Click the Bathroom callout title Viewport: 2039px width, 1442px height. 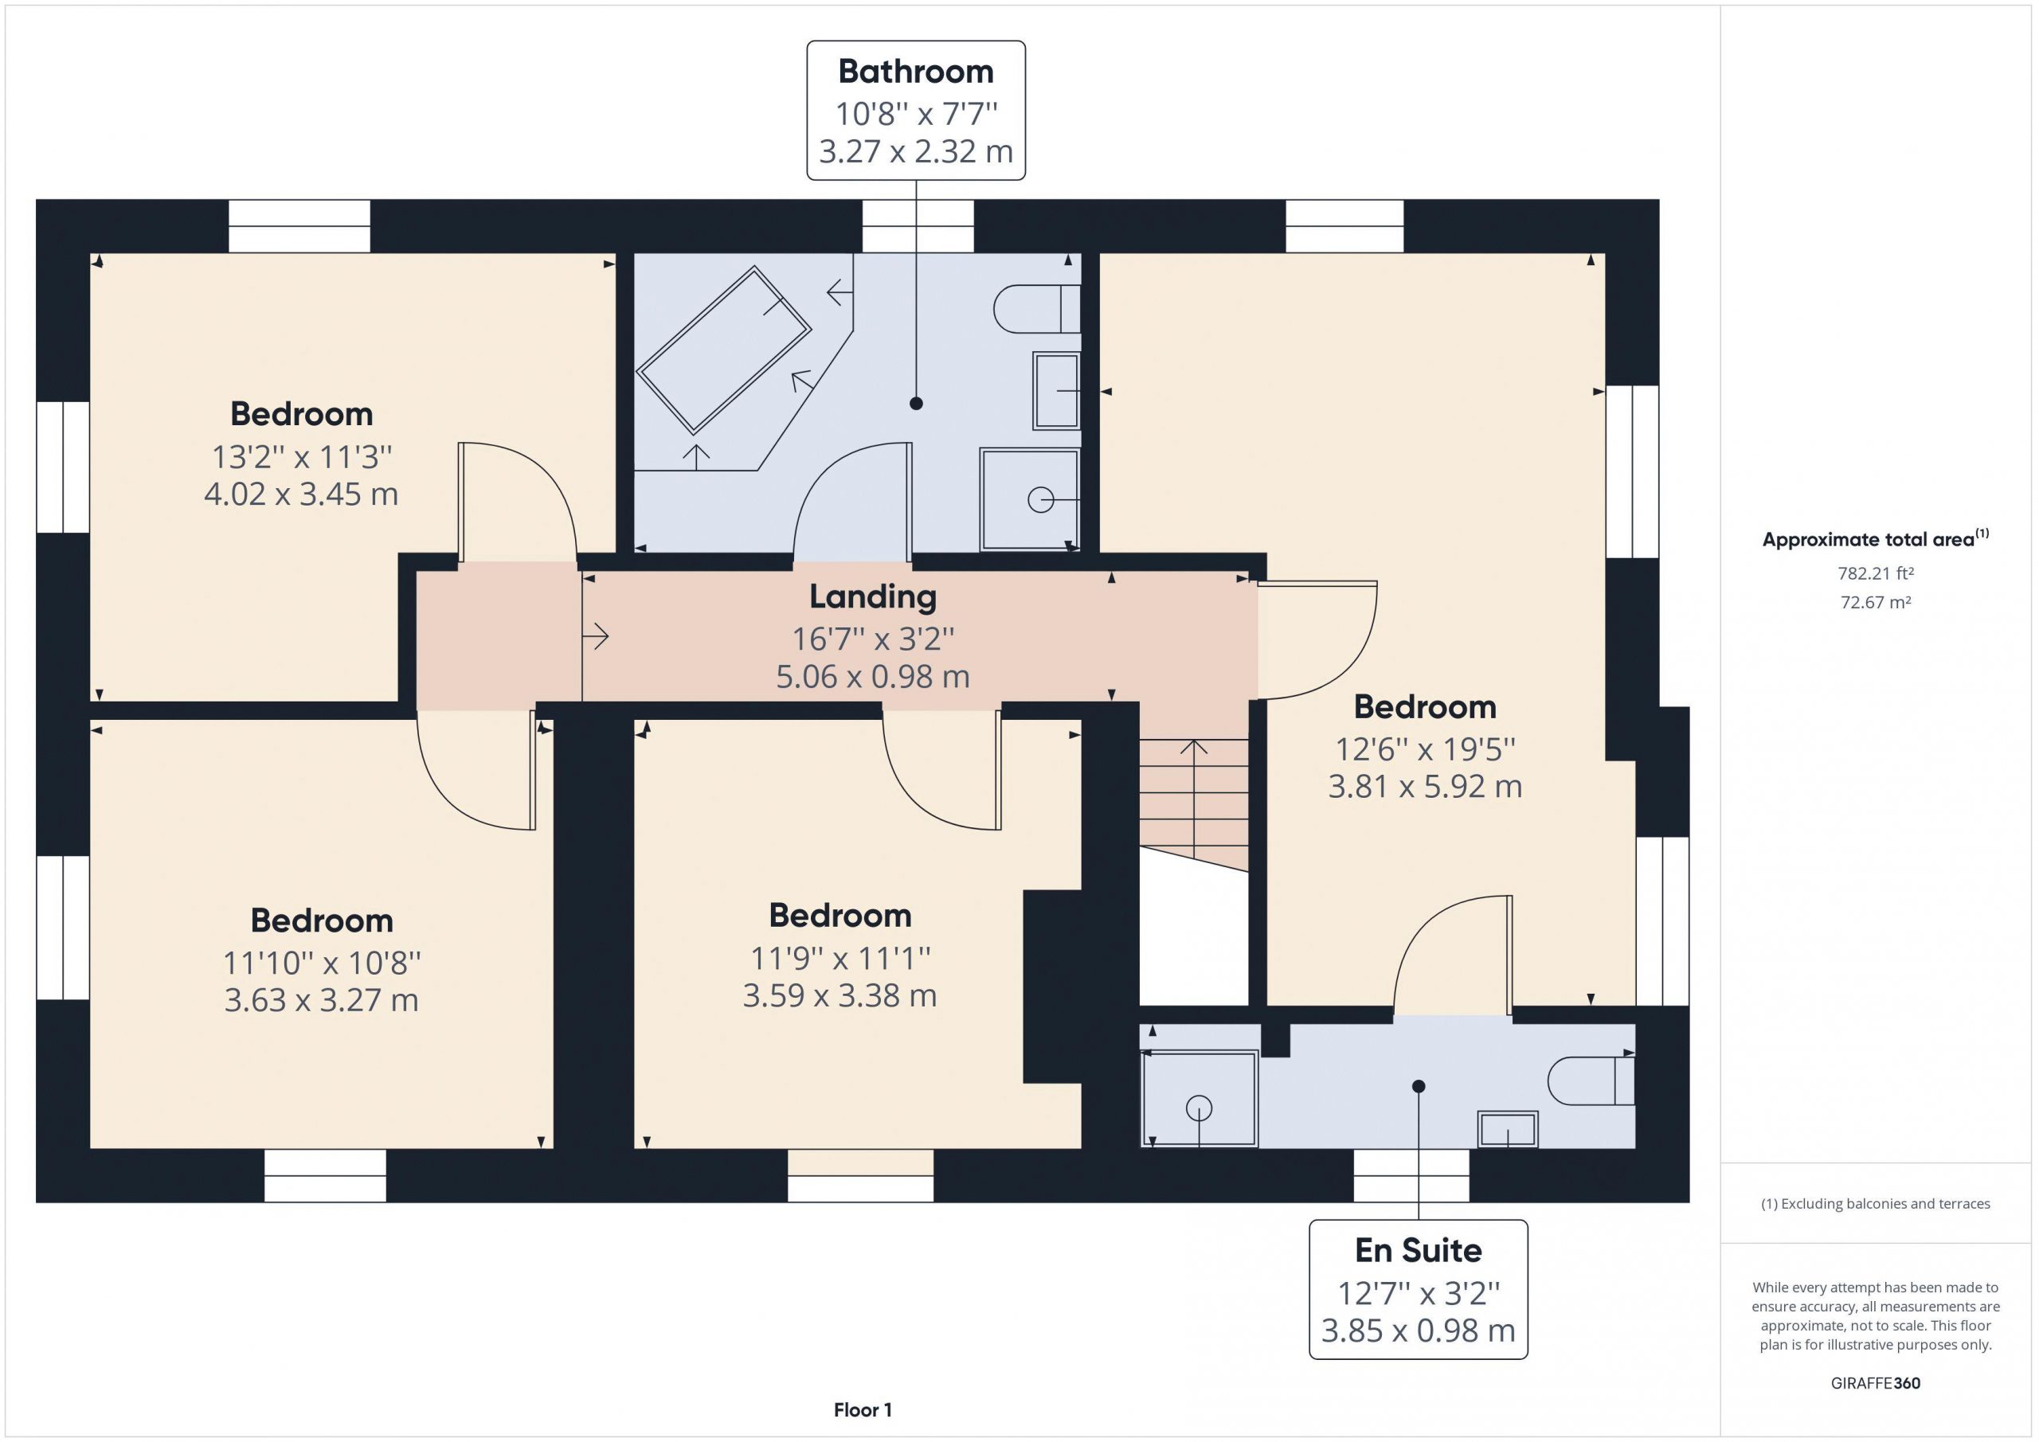(x=916, y=71)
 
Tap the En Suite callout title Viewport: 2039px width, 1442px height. (x=1419, y=1250)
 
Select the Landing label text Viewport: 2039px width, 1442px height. (x=872, y=596)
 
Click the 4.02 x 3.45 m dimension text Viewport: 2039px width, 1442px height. (x=301, y=494)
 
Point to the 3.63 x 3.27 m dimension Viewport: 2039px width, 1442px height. (x=322, y=1000)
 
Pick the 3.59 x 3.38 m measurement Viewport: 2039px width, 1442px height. (x=840, y=995)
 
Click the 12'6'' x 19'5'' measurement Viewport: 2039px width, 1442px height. (x=1426, y=749)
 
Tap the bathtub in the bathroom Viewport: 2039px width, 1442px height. (x=724, y=350)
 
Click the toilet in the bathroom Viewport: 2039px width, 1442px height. (x=1036, y=309)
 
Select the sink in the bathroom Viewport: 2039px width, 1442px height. (x=1056, y=391)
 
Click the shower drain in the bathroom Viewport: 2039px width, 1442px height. (x=1040, y=500)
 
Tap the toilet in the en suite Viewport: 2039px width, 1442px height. (x=1591, y=1081)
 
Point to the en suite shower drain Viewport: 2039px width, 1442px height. (x=1199, y=1108)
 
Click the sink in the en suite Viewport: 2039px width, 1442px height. (x=1507, y=1129)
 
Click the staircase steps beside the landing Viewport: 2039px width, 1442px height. (x=1195, y=804)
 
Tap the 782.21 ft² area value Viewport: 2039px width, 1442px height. (x=1876, y=573)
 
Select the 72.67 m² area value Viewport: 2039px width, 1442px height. (x=1876, y=602)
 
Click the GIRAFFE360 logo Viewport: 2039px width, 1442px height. (x=1876, y=1382)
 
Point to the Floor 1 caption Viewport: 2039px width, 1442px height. (x=863, y=1409)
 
